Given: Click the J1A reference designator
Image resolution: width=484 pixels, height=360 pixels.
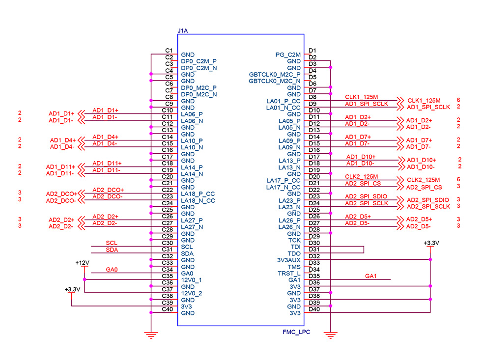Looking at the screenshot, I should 182,30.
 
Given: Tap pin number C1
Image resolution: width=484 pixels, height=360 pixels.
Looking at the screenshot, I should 169,51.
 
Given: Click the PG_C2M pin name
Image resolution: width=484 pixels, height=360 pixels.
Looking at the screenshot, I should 288,55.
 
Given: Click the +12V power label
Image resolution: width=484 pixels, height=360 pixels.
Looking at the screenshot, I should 82,263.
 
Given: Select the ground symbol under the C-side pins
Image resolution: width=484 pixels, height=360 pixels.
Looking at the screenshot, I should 151,336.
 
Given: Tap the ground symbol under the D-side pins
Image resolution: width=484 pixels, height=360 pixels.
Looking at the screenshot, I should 331,336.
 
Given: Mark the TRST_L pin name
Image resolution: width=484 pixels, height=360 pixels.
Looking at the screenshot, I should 289,273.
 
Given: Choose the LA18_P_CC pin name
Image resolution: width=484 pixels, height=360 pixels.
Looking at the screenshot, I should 198,194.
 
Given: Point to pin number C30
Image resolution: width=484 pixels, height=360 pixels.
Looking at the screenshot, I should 168,243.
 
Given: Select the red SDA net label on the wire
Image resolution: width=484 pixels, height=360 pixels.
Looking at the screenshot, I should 112,250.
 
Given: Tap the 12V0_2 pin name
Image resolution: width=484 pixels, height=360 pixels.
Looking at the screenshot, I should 192,293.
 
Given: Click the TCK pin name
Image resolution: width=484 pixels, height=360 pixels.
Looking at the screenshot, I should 294,240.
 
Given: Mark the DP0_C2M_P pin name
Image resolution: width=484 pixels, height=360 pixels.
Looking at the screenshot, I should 199,61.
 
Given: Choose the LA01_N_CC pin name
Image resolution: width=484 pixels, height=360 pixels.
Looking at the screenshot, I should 283,108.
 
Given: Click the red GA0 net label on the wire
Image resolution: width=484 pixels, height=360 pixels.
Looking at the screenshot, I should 112,270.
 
